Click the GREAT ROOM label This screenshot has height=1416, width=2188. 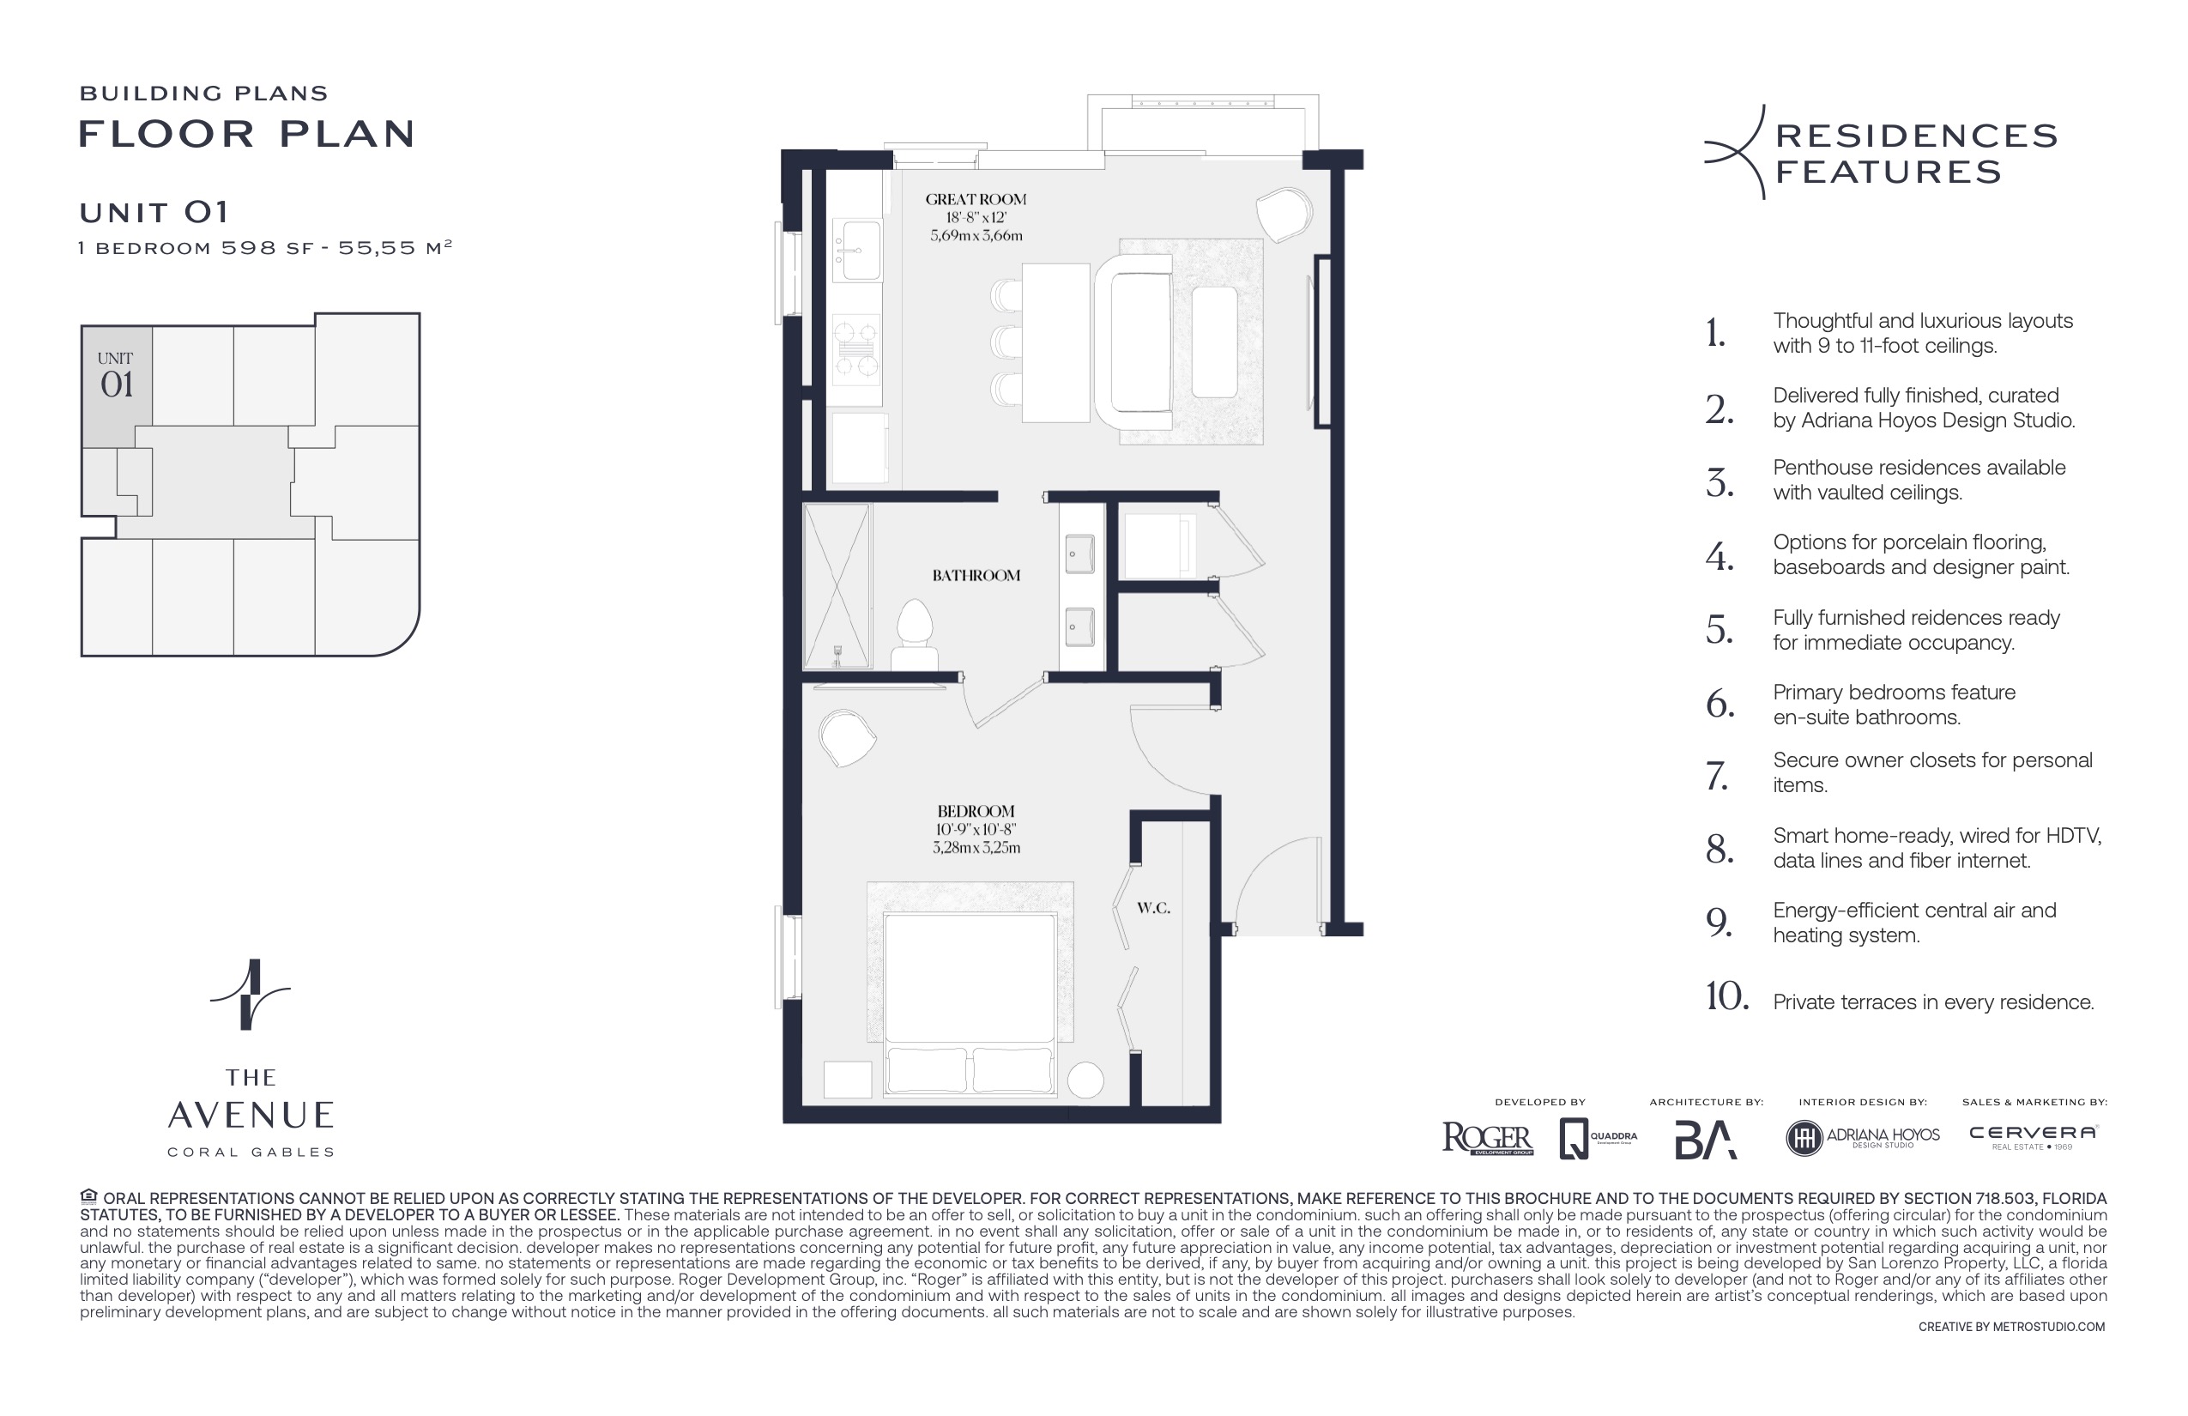tap(976, 198)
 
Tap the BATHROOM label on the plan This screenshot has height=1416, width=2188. tap(976, 576)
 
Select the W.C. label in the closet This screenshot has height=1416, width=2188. tap(1153, 909)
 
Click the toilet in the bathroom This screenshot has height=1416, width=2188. tap(914, 634)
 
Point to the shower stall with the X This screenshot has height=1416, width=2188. tap(836, 585)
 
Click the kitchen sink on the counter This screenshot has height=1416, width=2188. tap(857, 250)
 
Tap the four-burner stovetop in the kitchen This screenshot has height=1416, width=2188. tap(856, 348)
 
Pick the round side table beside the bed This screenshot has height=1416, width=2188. tap(1085, 1080)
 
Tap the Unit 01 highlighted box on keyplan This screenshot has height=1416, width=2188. tap(117, 386)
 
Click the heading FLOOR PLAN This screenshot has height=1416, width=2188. tap(246, 134)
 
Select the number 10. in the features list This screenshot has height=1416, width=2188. tap(1726, 996)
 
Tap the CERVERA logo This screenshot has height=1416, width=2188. tap(2033, 1134)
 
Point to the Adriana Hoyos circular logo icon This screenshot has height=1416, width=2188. tap(1804, 1138)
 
